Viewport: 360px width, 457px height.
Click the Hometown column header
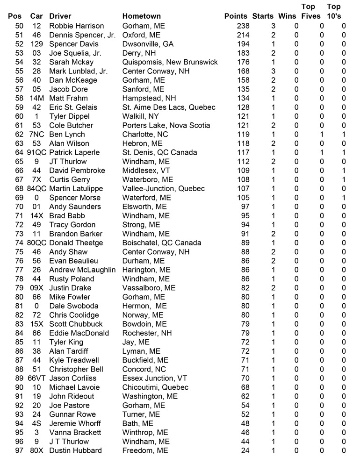[x=141, y=16]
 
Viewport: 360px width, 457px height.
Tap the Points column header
[x=236, y=16]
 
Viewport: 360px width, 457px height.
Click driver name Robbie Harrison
[x=76, y=26]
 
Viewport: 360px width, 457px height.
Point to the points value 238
[x=243, y=26]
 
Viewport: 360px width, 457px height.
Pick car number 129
[x=36, y=44]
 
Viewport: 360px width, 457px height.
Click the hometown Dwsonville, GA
[x=148, y=44]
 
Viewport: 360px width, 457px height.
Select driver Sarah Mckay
[x=71, y=62]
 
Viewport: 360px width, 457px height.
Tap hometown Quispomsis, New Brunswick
[x=170, y=62]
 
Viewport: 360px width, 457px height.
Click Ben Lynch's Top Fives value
[x=322, y=135]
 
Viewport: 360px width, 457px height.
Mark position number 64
[x=19, y=152]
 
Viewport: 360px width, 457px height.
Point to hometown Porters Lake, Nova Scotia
[x=166, y=125]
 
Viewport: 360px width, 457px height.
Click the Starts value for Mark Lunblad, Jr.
[x=274, y=71]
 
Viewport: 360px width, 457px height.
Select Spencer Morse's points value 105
[x=243, y=198]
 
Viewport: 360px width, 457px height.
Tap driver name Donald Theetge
[x=76, y=243]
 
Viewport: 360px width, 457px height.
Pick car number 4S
[x=36, y=424]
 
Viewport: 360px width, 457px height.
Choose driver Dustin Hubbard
[x=75, y=451]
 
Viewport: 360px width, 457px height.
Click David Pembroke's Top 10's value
[x=344, y=171]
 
